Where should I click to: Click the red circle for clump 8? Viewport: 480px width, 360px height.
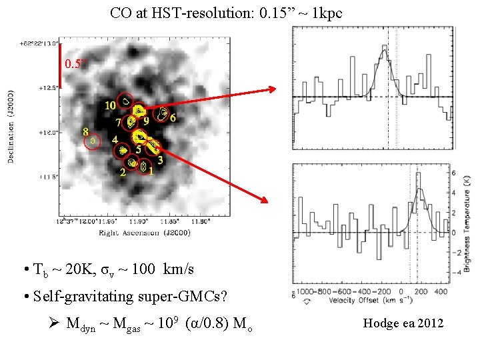(93, 141)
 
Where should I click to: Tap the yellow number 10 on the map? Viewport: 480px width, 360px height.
(110, 105)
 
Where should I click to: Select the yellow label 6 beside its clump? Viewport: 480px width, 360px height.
(173, 118)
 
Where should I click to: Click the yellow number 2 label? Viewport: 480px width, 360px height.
(122, 171)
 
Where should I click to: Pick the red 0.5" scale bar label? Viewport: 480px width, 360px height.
(75, 64)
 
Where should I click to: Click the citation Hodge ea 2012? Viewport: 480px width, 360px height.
(403, 323)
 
